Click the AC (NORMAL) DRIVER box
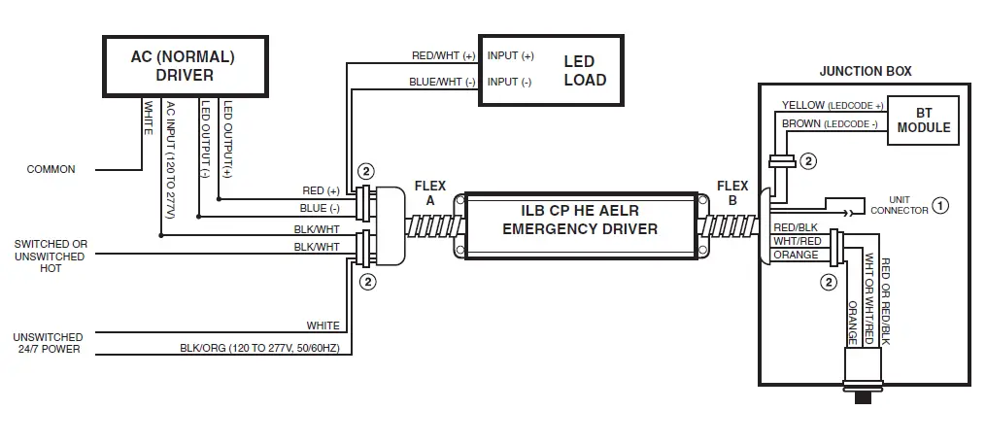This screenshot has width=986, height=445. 183,66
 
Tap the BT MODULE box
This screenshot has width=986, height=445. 923,120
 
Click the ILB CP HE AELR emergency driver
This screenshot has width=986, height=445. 579,221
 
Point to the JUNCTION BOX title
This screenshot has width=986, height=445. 865,72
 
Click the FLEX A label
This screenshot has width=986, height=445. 430,193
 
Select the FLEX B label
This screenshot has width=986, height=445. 731,193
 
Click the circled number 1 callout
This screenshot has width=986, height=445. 939,204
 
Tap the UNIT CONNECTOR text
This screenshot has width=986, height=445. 892,205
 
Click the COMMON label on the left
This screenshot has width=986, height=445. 51,169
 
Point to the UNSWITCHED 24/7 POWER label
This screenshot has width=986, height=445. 48,342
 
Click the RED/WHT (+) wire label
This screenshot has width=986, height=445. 443,55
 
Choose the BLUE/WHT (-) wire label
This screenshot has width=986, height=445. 443,82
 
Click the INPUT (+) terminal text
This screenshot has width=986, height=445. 510,55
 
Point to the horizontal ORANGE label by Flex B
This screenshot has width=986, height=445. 794,255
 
